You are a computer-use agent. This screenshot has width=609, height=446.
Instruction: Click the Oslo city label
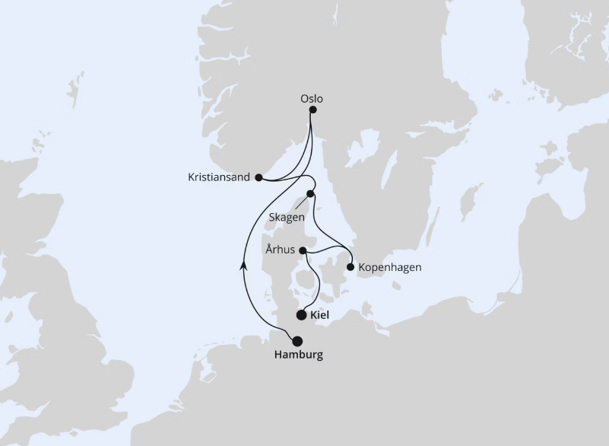[312, 98]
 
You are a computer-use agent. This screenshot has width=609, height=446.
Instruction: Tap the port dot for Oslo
[312, 110]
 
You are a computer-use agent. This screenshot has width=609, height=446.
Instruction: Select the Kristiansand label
[219, 177]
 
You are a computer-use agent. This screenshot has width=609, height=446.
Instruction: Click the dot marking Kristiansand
[259, 177]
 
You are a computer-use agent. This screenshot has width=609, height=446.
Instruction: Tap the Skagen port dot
[310, 193]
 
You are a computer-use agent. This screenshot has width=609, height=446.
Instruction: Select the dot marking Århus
[303, 250]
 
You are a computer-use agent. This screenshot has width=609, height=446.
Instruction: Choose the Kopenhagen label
[389, 267]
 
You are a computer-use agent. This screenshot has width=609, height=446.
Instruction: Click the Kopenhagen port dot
[350, 267]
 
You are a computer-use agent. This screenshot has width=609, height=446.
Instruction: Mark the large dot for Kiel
[302, 314]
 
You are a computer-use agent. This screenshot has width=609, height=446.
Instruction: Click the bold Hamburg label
[297, 355]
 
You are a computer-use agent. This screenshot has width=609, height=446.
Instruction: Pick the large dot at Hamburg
[297, 341]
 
